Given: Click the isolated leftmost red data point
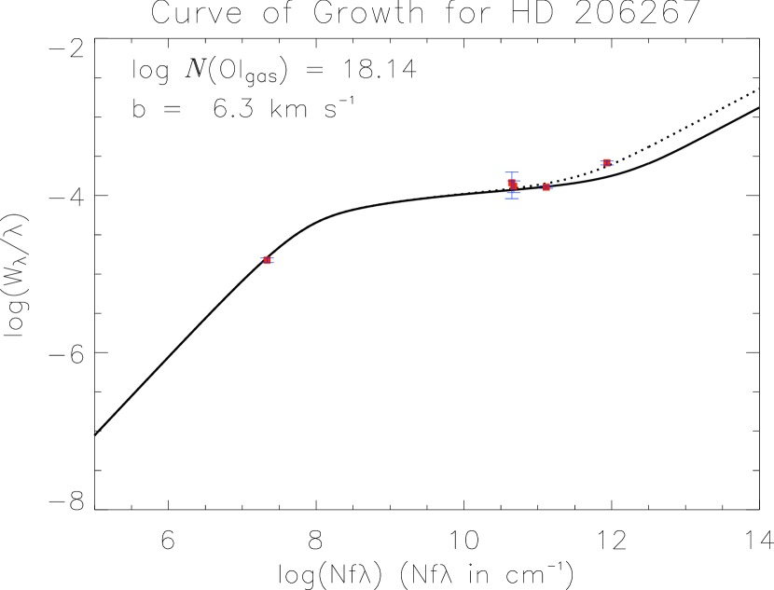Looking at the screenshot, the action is click(267, 261).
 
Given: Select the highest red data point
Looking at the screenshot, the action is click(607, 163).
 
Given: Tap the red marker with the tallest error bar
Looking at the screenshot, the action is click(513, 185).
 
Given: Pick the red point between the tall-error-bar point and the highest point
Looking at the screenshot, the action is click(546, 187).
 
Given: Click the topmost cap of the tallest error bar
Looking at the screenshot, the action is click(512, 172).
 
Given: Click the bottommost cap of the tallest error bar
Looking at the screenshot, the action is click(512, 198).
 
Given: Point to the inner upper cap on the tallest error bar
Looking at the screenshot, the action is click(513, 180).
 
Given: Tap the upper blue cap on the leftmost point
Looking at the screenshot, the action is click(267, 257).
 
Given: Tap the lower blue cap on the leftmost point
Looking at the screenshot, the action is click(267, 264).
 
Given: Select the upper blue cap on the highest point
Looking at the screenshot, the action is click(607, 159).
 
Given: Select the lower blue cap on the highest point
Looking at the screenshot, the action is click(607, 166).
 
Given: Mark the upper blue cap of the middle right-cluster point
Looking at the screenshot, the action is click(546, 185).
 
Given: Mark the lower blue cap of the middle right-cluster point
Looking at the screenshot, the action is click(546, 190).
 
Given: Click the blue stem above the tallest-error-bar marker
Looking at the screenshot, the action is click(512, 176).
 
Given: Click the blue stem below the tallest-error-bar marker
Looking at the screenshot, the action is click(512, 195).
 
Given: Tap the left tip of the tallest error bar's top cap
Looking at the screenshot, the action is click(505, 172).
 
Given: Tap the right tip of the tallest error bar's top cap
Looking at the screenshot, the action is click(519, 172).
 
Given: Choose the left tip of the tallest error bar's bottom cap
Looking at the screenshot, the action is click(505, 198).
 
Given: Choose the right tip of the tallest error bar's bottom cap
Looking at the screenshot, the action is click(519, 198).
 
